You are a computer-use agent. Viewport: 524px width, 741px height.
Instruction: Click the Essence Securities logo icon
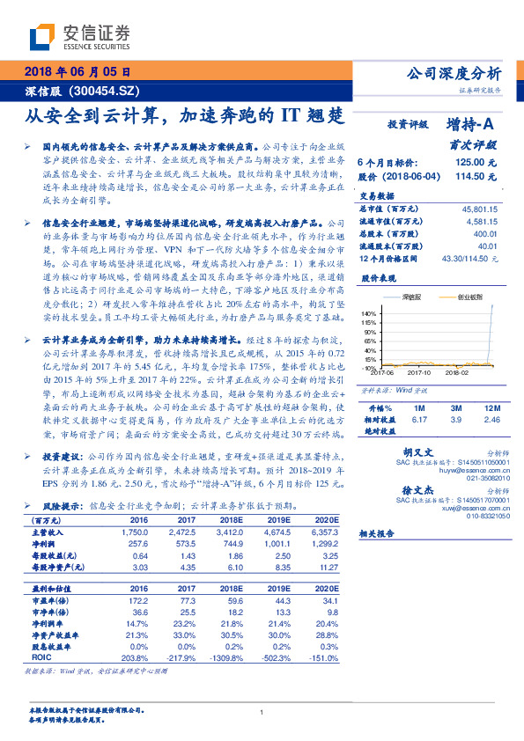[x=41, y=37]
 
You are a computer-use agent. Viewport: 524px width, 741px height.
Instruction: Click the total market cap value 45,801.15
[x=479, y=209]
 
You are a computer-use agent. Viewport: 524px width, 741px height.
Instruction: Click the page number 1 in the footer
[x=262, y=712]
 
